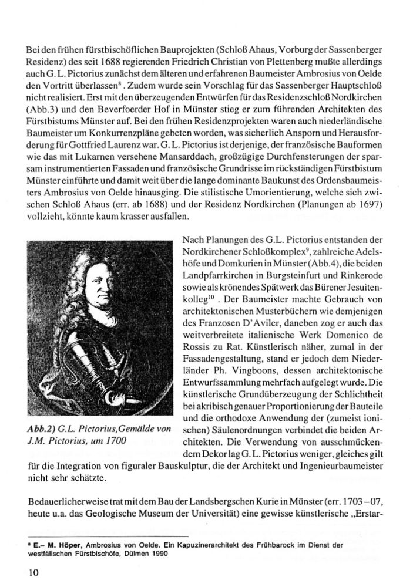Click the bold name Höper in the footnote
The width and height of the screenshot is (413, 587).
pos(52,544)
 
